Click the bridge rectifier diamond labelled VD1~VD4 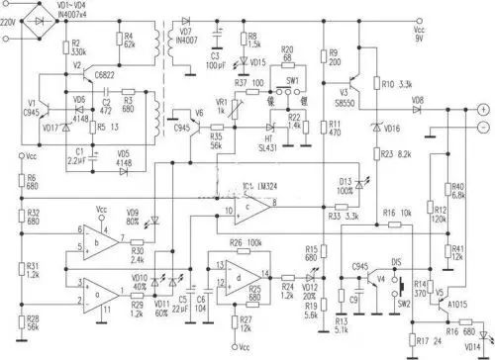pyautogui.click(x=41, y=19)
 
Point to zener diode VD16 pyautogui.click(x=374, y=128)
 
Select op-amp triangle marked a pyautogui.click(x=94, y=294)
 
